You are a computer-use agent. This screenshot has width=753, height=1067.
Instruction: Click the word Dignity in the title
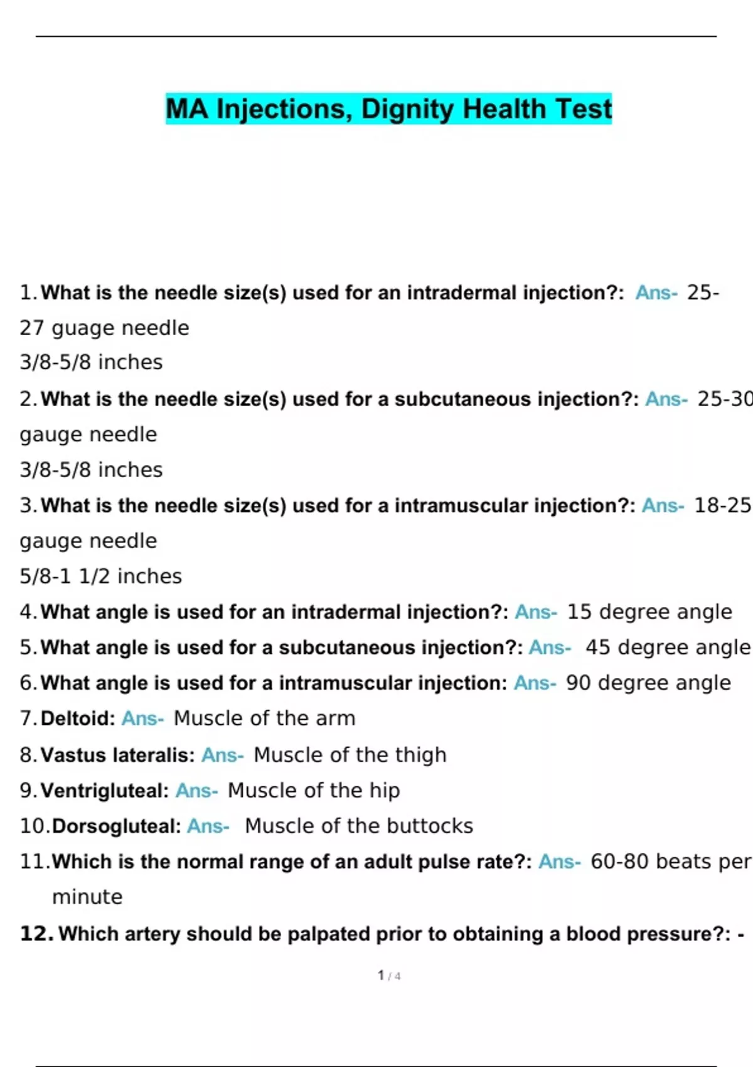pyautogui.click(x=407, y=109)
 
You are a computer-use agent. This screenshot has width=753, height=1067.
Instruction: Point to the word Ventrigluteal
pyautogui.click(x=105, y=790)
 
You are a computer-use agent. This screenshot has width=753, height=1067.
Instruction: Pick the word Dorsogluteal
pyautogui.click(x=117, y=826)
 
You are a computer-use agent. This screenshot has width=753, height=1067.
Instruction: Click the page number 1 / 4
pyautogui.click(x=389, y=975)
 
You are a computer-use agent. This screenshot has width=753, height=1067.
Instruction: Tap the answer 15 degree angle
pyautogui.click(x=649, y=612)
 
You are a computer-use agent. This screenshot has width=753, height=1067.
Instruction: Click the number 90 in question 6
pyautogui.click(x=578, y=683)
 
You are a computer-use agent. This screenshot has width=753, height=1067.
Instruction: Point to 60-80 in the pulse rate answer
pyautogui.click(x=619, y=862)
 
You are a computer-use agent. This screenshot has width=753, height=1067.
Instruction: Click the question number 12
pyautogui.click(x=36, y=933)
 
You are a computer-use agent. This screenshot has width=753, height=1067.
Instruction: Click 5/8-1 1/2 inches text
pyautogui.click(x=100, y=576)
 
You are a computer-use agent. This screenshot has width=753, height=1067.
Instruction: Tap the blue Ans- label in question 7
pyautogui.click(x=142, y=718)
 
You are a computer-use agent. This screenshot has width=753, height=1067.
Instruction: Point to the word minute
pyautogui.click(x=87, y=897)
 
